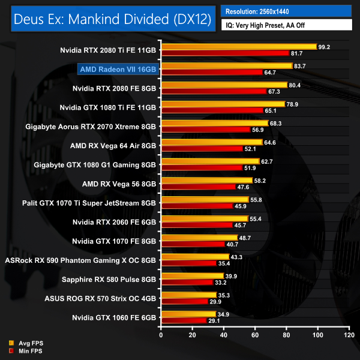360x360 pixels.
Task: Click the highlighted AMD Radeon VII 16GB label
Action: [x=117, y=70]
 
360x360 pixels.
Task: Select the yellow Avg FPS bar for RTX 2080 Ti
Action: [x=238, y=46]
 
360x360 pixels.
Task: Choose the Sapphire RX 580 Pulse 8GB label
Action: [x=113, y=280]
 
